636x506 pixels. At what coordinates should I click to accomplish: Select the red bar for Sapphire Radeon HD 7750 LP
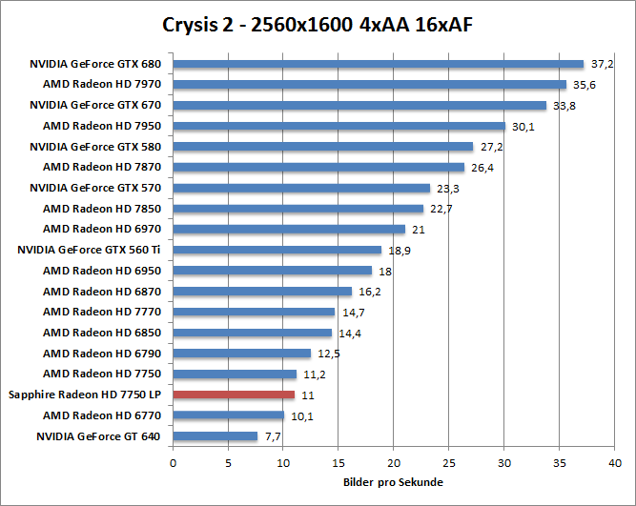tap(234, 395)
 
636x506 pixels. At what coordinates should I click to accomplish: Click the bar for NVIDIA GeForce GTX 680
tap(378, 65)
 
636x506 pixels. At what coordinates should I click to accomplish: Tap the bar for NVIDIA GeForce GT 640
tap(215, 436)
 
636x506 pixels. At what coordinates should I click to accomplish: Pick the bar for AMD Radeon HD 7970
tap(369, 85)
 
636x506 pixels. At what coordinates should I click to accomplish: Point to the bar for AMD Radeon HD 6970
tap(289, 229)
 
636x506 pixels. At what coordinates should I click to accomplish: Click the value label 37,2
tap(602, 65)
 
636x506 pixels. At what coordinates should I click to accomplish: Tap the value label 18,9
tap(400, 250)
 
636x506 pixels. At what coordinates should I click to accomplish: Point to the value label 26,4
tap(482, 168)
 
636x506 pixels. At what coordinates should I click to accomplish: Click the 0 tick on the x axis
tap(173, 463)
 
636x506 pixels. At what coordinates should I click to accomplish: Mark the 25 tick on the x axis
tap(448, 463)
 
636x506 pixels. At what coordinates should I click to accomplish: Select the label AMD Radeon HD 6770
tap(102, 415)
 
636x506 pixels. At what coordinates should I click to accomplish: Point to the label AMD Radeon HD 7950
tap(102, 126)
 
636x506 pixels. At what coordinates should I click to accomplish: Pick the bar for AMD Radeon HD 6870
tap(262, 292)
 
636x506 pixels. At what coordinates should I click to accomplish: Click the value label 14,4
tap(350, 333)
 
